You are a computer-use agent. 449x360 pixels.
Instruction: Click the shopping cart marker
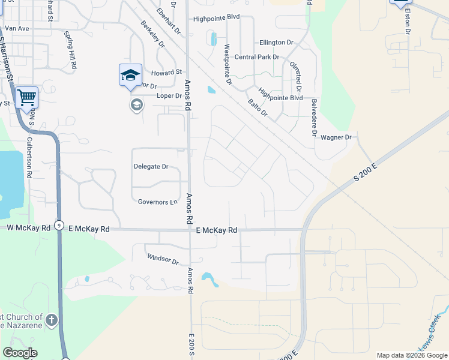27,98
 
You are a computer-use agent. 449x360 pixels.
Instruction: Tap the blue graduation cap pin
130,76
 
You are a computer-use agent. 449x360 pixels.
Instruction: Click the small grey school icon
136,106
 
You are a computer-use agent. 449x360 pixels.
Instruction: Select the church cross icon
52,320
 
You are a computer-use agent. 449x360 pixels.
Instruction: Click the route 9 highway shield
58,226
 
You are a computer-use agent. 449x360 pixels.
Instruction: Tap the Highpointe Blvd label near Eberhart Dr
216,19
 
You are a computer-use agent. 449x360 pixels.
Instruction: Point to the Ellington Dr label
276,43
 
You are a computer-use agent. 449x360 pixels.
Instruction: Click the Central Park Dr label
257,57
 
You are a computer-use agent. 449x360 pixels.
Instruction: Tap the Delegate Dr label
151,166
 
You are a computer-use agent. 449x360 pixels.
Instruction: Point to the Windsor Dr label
163,260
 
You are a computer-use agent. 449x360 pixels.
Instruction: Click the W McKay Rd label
25,228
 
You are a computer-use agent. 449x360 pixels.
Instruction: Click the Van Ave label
17,28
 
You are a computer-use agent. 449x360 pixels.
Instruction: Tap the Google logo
20,353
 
